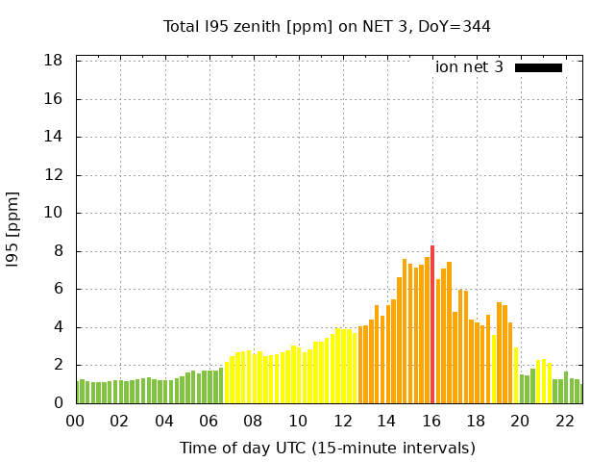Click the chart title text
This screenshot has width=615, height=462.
[327, 26]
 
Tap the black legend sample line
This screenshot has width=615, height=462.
[538, 67]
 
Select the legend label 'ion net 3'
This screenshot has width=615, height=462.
[469, 67]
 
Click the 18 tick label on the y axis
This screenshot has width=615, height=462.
[54, 61]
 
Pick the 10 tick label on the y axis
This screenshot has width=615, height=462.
[54, 213]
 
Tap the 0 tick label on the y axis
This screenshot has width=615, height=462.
[59, 403]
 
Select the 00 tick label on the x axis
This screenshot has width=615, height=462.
[75, 421]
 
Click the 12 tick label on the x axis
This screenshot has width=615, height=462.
[342, 421]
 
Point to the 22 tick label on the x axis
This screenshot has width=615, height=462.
[565, 421]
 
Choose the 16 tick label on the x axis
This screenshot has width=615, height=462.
[431, 421]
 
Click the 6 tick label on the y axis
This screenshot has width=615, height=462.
[59, 289]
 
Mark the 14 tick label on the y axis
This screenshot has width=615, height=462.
[54, 137]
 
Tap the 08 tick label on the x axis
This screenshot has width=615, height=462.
[253, 421]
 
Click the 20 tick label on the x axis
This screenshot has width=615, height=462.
[520, 421]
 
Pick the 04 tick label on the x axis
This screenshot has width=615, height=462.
[164, 421]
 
